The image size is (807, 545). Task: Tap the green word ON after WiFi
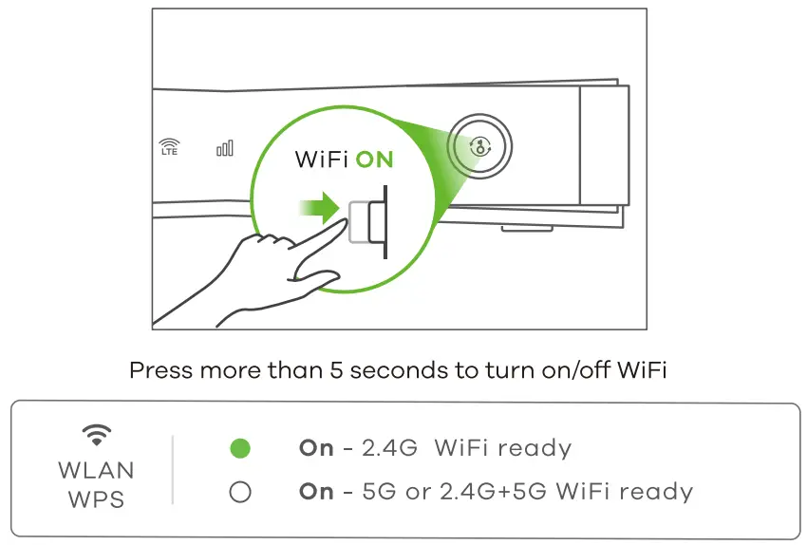click(x=374, y=160)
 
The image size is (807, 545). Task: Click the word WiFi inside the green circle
click(x=322, y=160)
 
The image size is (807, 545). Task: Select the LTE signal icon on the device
click(x=169, y=147)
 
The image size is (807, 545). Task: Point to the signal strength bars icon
click(x=225, y=147)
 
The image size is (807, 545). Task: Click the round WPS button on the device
click(x=480, y=147)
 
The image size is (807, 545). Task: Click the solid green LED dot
click(x=241, y=448)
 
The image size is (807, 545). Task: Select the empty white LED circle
click(x=241, y=492)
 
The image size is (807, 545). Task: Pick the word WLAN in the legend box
click(x=95, y=471)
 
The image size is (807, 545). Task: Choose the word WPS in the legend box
click(x=95, y=499)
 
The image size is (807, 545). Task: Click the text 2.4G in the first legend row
click(x=389, y=448)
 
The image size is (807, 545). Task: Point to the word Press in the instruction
click(x=159, y=370)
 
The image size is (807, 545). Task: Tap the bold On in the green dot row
click(x=316, y=448)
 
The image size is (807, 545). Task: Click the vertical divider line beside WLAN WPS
click(x=173, y=470)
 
